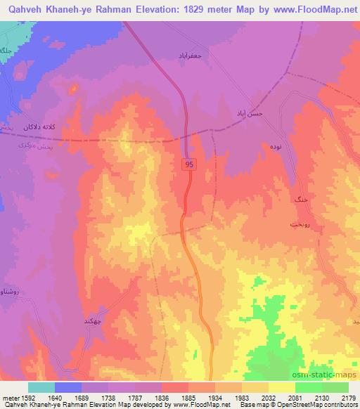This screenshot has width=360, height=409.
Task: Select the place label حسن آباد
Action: (x=248, y=112)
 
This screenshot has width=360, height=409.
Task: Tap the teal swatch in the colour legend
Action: (x=41, y=387)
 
